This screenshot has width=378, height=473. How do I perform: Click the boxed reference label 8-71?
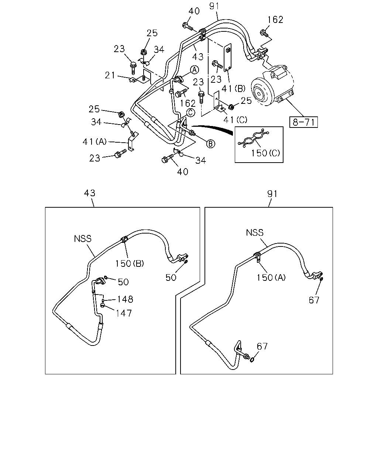point(303,122)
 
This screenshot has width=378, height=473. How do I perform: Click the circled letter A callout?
point(194,70)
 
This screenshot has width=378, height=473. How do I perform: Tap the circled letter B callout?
point(210,144)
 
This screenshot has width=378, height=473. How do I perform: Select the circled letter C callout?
point(190,113)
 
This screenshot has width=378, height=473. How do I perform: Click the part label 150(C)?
point(265,153)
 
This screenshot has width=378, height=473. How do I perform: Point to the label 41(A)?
point(94,142)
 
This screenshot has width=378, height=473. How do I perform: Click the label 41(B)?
point(233,89)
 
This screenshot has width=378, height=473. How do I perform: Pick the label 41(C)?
point(235,120)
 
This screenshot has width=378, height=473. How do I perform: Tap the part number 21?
point(110,75)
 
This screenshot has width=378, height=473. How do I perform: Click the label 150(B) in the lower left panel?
point(130,263)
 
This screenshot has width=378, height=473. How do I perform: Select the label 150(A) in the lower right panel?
point(271,278)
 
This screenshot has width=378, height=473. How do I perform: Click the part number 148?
point(125,299)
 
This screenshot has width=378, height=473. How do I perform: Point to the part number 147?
point(124,313)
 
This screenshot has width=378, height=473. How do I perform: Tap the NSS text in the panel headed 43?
point(83,239)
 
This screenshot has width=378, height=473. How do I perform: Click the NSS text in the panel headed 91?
point(255,232)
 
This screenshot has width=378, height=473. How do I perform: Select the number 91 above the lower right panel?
point(272,194)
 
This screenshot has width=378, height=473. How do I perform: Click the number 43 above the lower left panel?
point(90,193)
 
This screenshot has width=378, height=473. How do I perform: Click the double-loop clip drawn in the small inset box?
point(254,138)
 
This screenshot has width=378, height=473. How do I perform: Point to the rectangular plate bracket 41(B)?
point(228,58)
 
